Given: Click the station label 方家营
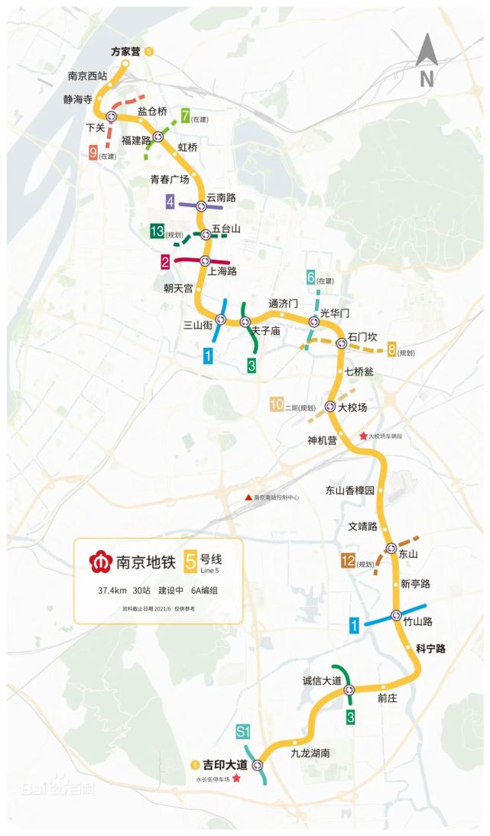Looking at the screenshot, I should coord(125,51).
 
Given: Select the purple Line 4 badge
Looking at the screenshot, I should coord(170,203).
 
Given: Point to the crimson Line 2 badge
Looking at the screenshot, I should coord(165,262).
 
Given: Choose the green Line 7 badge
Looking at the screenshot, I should coord(185,116).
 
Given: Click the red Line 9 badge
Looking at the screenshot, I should coord(93,153).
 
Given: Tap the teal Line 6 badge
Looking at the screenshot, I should coord(311,278).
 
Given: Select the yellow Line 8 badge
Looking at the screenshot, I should coord(392,350).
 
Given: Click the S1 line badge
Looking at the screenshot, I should coord(244,733).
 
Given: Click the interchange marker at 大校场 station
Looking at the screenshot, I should coord(330,407).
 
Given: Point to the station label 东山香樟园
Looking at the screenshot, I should coord(351,491).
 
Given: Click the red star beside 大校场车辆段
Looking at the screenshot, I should coord(363,436).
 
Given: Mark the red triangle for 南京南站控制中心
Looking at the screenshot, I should coord(248,497).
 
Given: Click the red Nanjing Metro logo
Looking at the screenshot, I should coord(98,563).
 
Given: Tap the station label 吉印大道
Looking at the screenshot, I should coord(225,764).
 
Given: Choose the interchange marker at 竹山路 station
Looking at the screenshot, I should coord(396,615).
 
